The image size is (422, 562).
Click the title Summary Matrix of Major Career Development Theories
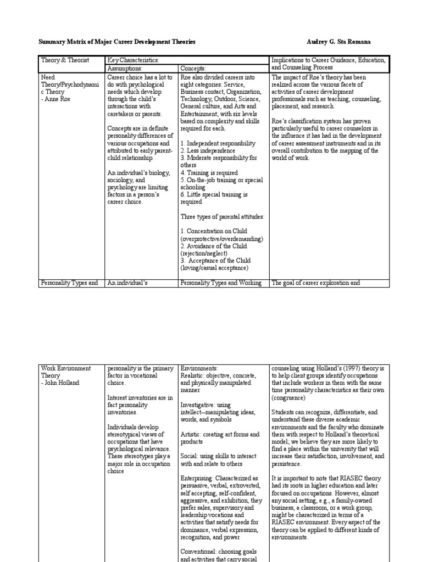[x=116, y=42]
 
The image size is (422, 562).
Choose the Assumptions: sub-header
[x=125, y=68]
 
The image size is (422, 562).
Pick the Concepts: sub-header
[x=193, y=68]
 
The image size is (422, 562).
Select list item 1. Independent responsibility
[x=218, y=143]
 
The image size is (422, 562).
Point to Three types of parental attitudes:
[x=222, y=217]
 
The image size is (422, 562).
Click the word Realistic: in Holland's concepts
[x=194, y=376]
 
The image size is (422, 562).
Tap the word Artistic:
[x=192, y=434]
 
